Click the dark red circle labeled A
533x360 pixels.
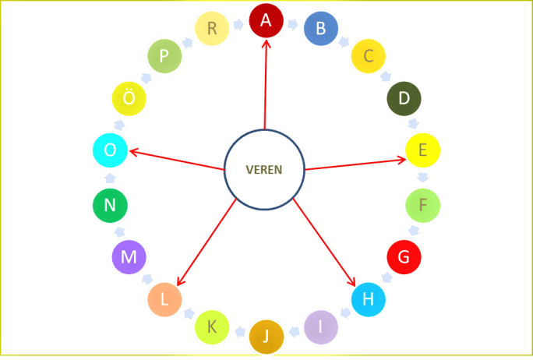pyautogui.click(x=266, y=21)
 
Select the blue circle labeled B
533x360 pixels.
pyautogui.click(x=319, y=30)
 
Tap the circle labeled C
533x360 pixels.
pyautogui.click(x=369, y=55)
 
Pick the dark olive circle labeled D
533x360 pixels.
pyautogui.click(x=404, y=98)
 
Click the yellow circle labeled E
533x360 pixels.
pyautogui.click(x=422, y=150)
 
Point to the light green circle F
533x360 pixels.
pyautogui.click(x=422, y=206)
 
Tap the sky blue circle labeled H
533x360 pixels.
pyautogui.click(x=368, y=299)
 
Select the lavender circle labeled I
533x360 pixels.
pyautogui.click(x=320, y=327)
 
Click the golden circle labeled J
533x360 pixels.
pyautogui.click(x=266, y=336)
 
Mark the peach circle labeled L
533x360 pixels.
pyautogui.click(x=164, y=299)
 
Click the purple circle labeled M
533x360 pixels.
pyautogui.click(x=129, y=257)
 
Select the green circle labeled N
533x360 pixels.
pyautogui.click(x=110, y=206)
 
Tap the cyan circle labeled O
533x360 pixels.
pyautogui.click(x=110, y=151)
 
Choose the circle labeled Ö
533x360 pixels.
pyautogui.click(x=129, y=99)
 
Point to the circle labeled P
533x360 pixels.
pyautogui.click(x=164, y=56)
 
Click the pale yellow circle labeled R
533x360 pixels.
pyautogui.click(x=212, y=29)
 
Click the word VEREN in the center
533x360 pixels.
pyautogui.click(x=264, y=170)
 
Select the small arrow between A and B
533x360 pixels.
pyautogui.click(x=293, y=25)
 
